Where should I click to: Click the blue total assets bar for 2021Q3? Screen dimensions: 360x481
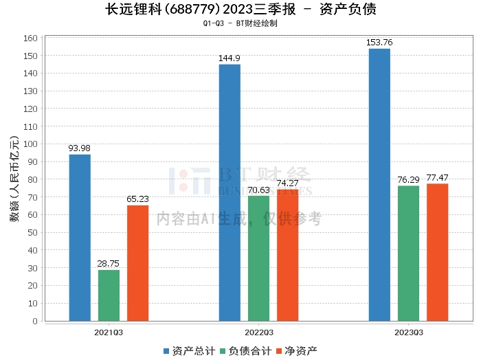(80, 238)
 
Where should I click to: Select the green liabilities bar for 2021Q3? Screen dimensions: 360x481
(109, 295)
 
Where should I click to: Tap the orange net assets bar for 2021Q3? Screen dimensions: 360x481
(137, 263)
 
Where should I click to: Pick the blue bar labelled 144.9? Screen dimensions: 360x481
(230, 192)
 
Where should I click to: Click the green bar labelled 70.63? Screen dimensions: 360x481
(258, 258)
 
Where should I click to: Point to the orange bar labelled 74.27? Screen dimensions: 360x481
(287, 255)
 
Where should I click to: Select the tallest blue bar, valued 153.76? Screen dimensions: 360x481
(379, 185)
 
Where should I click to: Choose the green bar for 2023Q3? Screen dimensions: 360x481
(408, 254)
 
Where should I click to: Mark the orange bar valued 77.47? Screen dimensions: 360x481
(437, 252)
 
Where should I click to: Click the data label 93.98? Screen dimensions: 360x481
(80, 148)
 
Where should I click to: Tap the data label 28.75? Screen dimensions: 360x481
(109, 264)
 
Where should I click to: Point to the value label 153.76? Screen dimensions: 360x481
(379, 43)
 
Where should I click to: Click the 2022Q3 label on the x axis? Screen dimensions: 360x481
(258, 332)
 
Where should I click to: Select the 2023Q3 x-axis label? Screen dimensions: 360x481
(408, 332)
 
